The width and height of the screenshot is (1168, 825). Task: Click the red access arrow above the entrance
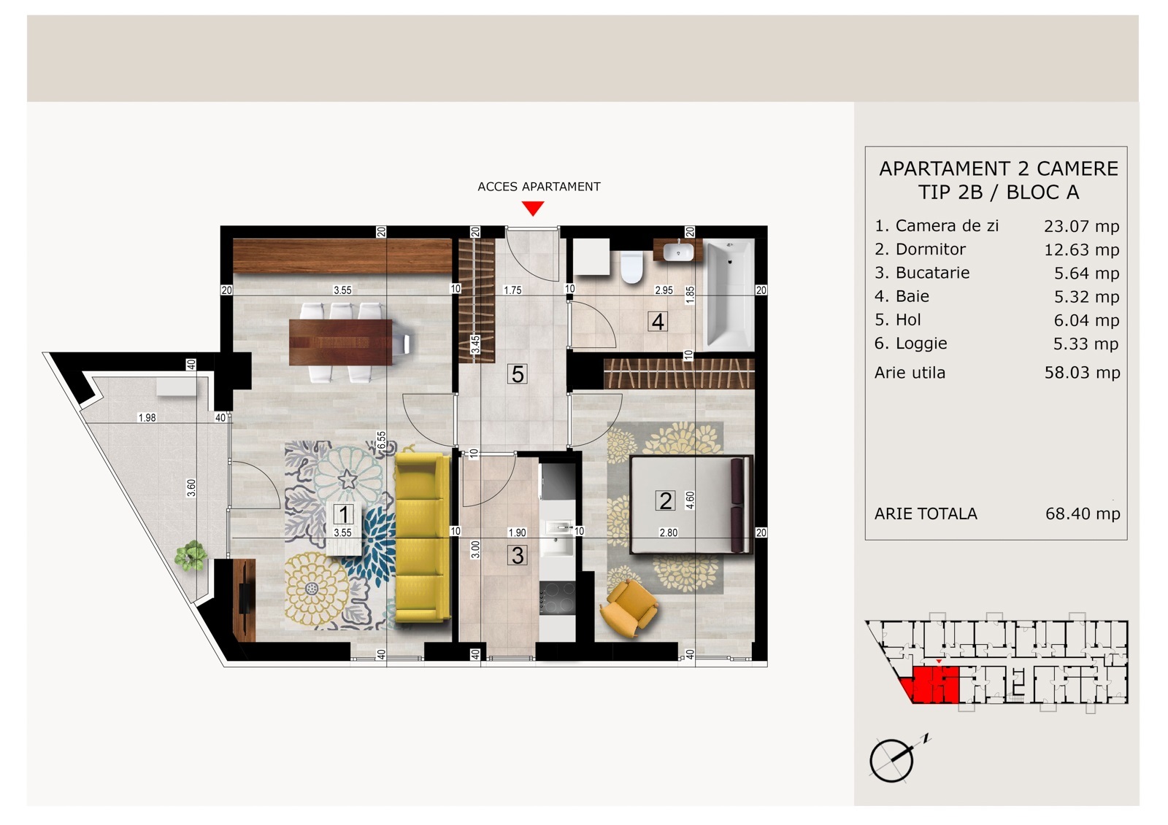pyautogui.click(x=533, y=209)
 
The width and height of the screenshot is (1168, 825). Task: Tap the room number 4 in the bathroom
pyautogui.click(x=658, y=322)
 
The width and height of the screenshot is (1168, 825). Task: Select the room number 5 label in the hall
pyautogui.click(x=518, y=374)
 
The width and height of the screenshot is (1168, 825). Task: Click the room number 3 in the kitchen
pyautogui.click(x=518, y=556)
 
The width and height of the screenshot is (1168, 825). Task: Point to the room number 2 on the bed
pyautogui.click(x=665, y=501)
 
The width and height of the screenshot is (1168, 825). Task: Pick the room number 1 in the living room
pyautogui.click(x=344, y=514)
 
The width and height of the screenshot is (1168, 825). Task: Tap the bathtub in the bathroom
pyautogui.click(x=729, y=295)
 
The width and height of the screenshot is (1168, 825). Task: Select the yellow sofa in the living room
pyautogui.click(x=423, y=538)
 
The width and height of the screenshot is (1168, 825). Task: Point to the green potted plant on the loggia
pyautogui.click(x=191, y=556)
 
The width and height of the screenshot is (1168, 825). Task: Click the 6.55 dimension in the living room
pyautogui.click(x=382, y=441)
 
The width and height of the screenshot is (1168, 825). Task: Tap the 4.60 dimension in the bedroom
pyautogui.click(x=690, y=500)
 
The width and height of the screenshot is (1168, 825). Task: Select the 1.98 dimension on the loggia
pyautogui.click(x=147, y=417)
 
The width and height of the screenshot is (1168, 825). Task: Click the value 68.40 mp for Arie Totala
pyautogui.click(x=1083, y=514)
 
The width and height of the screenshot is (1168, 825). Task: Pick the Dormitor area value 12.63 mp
pyautogui.click(x=1081, y=250)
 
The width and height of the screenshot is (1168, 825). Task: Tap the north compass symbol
pyautogui.click(x=898, y=759)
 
